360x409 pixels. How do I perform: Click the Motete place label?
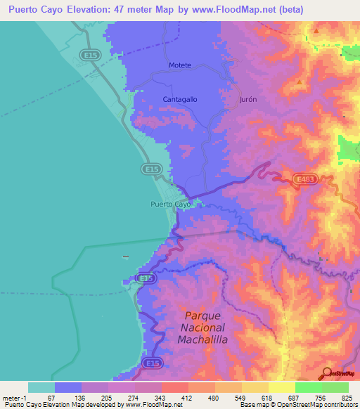[180, 65]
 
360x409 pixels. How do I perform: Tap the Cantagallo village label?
[180, 99]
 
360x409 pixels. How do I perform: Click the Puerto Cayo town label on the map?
[170, 204]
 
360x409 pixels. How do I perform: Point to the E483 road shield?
[305, 180]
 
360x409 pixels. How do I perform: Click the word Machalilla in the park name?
[205, 341]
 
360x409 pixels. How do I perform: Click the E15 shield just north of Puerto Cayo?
[150, 169]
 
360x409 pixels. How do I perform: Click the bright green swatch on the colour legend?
[308, 387]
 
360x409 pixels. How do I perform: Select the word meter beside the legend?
[13, 397]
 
